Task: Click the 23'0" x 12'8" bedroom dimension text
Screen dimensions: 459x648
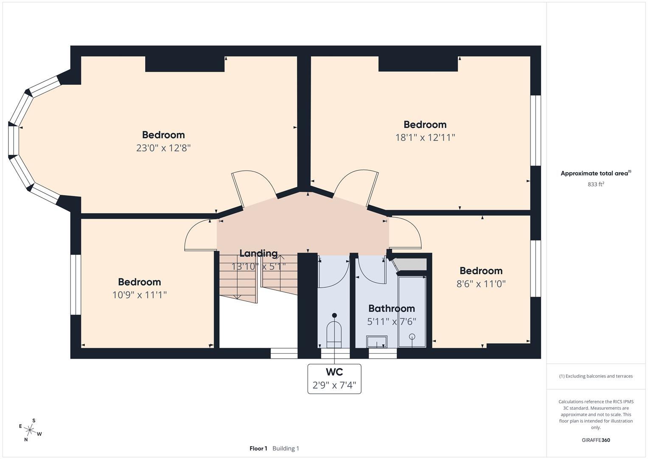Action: pos(163,148)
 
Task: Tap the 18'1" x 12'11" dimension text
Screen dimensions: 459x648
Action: pos(425,137)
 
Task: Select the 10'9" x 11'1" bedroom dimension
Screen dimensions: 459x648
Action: pos(139,295)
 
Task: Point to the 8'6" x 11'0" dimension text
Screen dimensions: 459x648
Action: pos(481,283)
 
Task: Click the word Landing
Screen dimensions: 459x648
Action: pos(258,253)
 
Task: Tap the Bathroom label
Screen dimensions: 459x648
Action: pos(391,308)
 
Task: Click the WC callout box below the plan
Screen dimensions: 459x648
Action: pos(334,379)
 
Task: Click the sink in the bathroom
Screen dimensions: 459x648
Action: pos(377,342)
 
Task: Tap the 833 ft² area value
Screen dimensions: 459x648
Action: pos(596,184)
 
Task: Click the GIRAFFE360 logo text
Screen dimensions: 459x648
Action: pos(596,440)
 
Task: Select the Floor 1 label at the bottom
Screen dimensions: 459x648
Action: pos(258,448)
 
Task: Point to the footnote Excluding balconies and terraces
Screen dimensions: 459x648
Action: pos(596,376)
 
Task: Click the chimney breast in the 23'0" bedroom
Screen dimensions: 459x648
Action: pos(185,64)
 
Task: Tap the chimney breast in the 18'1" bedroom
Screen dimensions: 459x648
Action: pos(418,64)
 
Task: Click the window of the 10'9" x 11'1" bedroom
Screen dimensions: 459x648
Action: pos(76,284)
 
